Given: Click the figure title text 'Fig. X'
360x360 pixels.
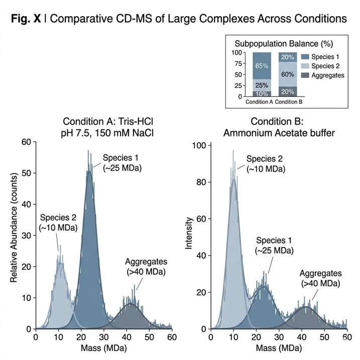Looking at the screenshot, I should coord(29,19).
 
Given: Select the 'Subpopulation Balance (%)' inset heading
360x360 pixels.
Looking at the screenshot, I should coord(281,44).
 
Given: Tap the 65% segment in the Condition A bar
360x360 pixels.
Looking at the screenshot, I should coord(262,66).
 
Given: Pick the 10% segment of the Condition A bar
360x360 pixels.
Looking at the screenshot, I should coord(262,94).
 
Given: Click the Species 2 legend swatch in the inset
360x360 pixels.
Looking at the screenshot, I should coord(305,66).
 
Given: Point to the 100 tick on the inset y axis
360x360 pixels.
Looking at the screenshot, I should coord(237,52).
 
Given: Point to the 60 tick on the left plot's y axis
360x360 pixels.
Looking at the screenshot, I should coord(27,142).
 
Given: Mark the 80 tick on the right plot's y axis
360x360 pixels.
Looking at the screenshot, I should coord(200,183).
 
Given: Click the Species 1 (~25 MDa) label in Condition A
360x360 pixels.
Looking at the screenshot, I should coord(122,163).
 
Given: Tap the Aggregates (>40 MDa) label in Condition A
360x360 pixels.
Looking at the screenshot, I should coord(146,267).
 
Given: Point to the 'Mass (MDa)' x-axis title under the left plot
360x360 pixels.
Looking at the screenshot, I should coord(103,347).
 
